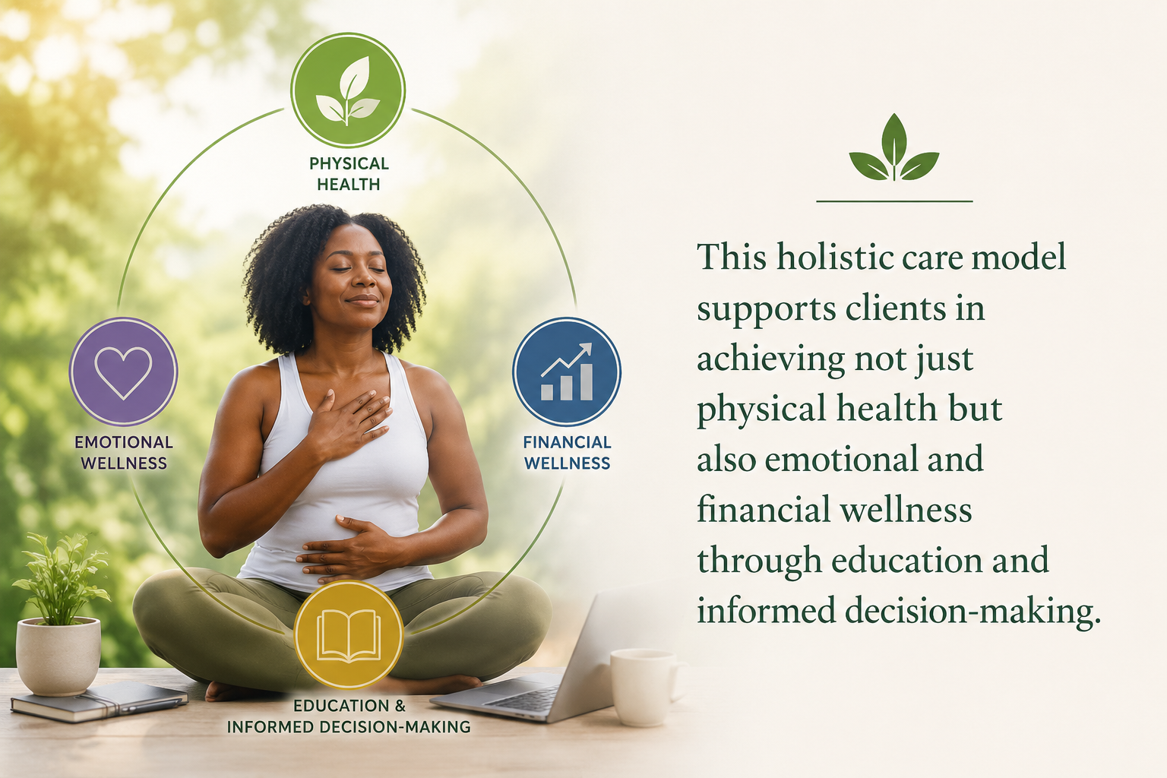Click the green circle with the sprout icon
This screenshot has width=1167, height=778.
click(x=348, y=90)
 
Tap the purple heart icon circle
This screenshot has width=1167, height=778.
click(x=124, y=372)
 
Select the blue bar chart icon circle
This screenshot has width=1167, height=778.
click(x=566, y=372)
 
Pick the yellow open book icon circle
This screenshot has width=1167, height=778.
click(x=349, y=634)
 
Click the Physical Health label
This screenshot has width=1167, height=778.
click(x=349, y=173)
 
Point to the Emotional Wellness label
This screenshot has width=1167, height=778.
click(x=124, y=452)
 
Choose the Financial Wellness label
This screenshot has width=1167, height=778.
click(x=567, y=452)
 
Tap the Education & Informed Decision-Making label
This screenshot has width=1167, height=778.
click(x=349, y=716)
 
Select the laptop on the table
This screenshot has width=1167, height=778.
click(x=542, y=662)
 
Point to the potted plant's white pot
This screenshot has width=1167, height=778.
click(x=59, y=656)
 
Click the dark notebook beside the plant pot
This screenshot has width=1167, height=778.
click(x=99, y=701)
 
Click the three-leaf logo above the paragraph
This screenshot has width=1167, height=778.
click(x=894, y=147)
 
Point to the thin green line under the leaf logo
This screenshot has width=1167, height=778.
click(x=894, y=201)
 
